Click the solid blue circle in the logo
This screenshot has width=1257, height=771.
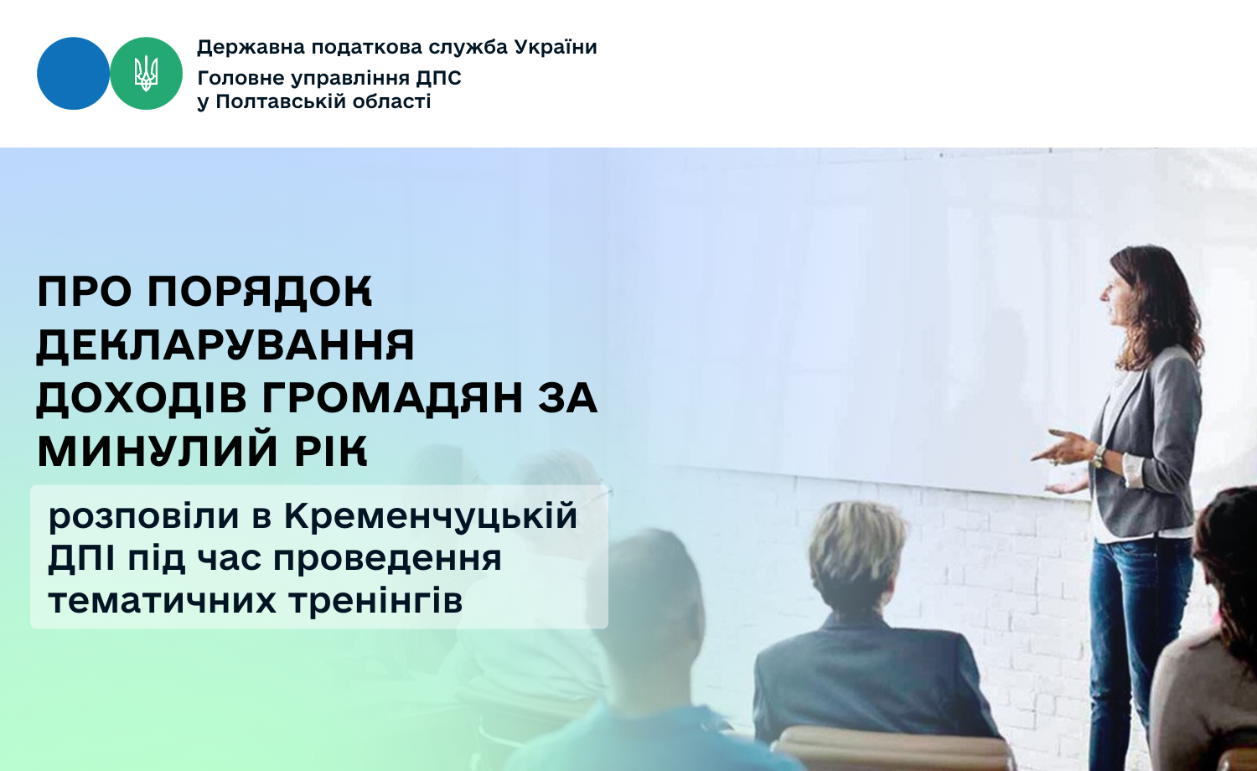tap(73, 74)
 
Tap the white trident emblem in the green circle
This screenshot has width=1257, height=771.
tap(146, 73)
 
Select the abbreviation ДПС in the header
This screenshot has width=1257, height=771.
tap(438, 78)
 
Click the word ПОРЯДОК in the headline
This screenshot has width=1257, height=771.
tap(260, 292)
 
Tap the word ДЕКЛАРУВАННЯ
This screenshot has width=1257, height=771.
tap(225, 344)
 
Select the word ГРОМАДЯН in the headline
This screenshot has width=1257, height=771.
tap(392, 398)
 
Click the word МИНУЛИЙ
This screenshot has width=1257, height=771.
tap(158, 449)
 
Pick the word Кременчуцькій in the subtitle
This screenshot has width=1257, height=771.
tap(431, 517)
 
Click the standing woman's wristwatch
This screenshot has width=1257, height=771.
tap(1098, 457)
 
